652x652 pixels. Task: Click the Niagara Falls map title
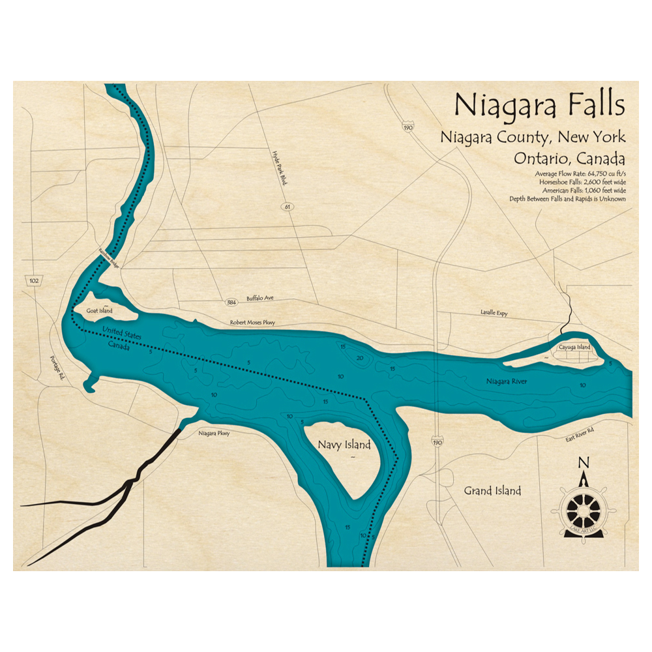pyautogui.click(x=539, y=105)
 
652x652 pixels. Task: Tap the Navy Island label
pyautogui.click(x=344, y=445)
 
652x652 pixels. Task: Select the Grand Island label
pyautogui.click(x=492, y=490)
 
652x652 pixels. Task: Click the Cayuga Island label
pyautogui.click(x=574, y=348)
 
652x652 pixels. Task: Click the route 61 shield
pyautogui.click(x=286, y=207)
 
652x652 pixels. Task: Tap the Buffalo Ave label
pyautogui.click(x=260, y=299)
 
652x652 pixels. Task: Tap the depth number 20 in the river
pyautogui.click(x=359, y=358)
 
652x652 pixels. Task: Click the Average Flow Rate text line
pyautogui.click(x=579, y=173)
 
